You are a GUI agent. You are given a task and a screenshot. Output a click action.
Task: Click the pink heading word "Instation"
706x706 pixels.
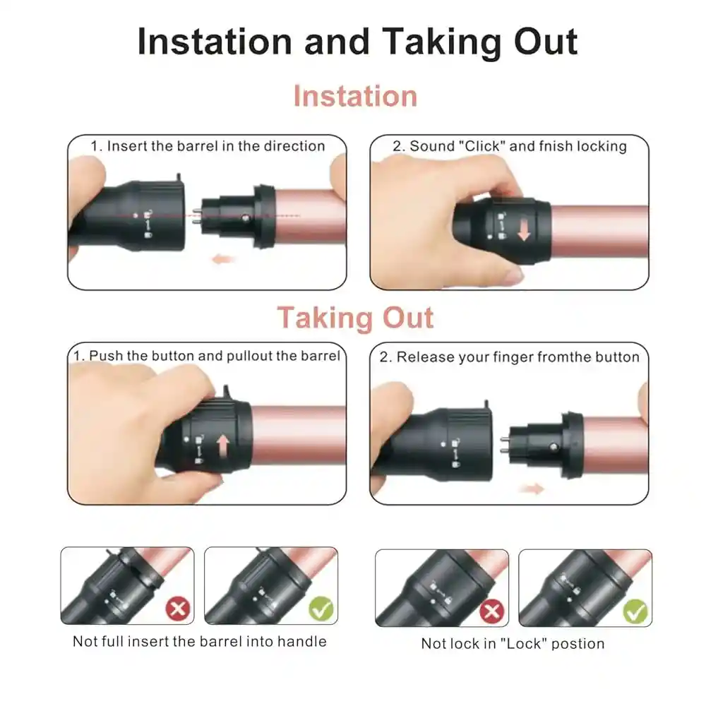coord(355,96)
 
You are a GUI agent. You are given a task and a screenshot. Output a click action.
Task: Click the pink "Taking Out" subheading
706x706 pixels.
coord(355,317)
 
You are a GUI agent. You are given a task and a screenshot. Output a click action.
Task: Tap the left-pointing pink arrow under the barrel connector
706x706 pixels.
coord(223,259)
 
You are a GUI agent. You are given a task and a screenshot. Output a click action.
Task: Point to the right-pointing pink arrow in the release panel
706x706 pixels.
coord(532,489)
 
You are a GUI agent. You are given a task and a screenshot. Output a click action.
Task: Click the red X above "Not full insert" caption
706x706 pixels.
coord(178,609)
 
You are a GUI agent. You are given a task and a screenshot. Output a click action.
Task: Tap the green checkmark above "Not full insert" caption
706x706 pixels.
coord(321,609)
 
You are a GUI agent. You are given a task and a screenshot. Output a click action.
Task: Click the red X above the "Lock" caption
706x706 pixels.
coord(491,611)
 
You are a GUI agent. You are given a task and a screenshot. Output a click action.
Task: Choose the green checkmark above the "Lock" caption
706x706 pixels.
coord(635,611)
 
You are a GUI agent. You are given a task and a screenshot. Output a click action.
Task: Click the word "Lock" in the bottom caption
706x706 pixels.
coord(522,643)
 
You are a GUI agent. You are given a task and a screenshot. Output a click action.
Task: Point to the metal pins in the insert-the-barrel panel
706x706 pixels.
coord(196,215)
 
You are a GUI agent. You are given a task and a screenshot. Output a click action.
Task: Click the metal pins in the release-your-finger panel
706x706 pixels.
coord(504,445)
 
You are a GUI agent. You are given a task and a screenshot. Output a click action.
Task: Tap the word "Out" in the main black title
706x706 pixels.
coord(546,42)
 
